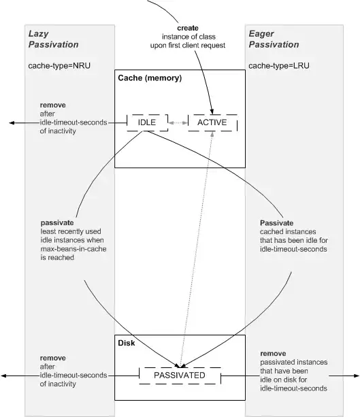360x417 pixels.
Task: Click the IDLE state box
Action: click(x=147, y=122)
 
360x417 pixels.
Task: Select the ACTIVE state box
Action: click(x=212, y=122)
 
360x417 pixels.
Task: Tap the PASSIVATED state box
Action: click(x=180, y=375)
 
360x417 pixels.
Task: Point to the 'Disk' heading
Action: click(x=126, y=344)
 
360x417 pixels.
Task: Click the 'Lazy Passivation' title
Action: click(x=53, y=39)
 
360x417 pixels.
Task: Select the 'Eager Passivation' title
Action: click(x=273, y=39)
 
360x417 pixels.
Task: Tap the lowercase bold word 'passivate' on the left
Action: click(x=56, y=222)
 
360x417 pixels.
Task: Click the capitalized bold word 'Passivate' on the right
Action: click(x=277, y=222)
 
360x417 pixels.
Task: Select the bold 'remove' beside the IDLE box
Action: click(x=52, y=106)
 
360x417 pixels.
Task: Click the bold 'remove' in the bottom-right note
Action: click(x=274, y=354)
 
